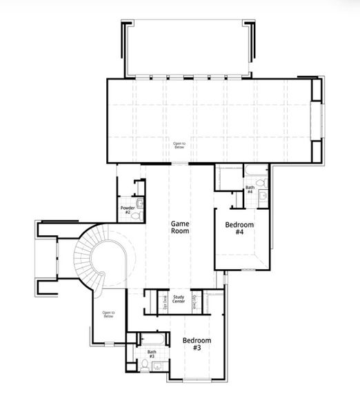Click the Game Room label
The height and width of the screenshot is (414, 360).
pyautogui.click(x=181, y=227)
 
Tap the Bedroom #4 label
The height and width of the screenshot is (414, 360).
pyautogui.click(x=239, y=228)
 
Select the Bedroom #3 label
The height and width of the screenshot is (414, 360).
pyautogui.click(x=197, y=344)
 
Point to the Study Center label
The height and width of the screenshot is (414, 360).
pyautogui.click(x=178, y=299)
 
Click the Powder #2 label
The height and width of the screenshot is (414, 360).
pyautogui.click(x=127, y=210)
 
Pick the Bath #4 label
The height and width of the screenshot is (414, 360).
pyautogui.click(x=250, y=189)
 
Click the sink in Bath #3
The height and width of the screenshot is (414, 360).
pyautogui.click(x=156, y=364)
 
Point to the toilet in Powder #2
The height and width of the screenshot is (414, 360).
pyautogui.click(x=139, y=215)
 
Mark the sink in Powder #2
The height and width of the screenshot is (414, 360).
pyautogui.click(x=140, y=203)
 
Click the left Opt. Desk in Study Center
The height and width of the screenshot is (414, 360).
pyautogui.click(x=164, y=302)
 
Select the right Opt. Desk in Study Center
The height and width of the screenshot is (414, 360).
pyautogui.click(x=194, y=302)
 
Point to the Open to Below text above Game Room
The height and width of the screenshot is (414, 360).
pyautogui.click(x=179, y=145)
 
